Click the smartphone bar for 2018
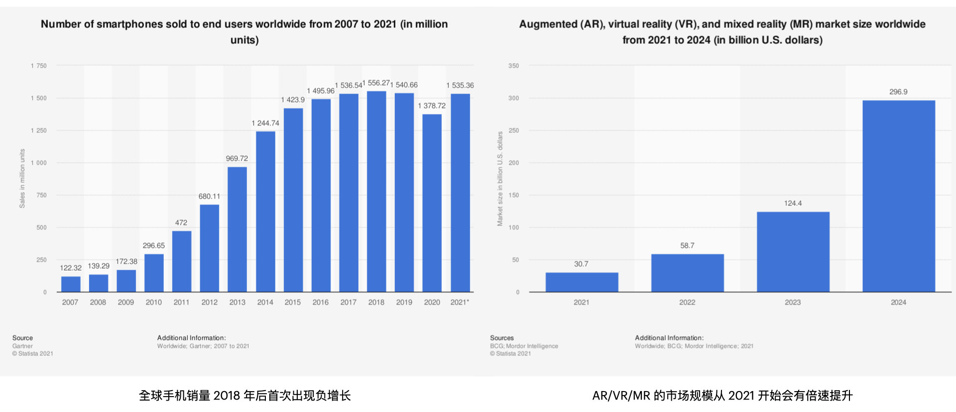click(x=376, y=192)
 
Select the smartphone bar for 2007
click(x=71, y=284)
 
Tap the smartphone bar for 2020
click(x=432, y=203)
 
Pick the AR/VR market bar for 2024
click(x=899, y=196)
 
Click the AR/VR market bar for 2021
click(x=582, y=282)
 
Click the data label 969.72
click(x=237, y=159)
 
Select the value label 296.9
click(x=898, y=92)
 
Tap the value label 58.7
click(x=687, y=246)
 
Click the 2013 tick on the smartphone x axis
click(x=237, y=303)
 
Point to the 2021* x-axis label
click(x=460, y=303)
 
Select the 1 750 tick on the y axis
click(x=39, y=66)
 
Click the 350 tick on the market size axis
click(x=513, y=66)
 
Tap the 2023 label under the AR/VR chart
click(x=793, y=303)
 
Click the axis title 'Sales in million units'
click(x=22, y=179)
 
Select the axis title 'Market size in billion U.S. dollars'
click(x=500, y=179)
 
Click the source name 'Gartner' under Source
click(x=22, y=346)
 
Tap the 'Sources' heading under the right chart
click(x=501, y=338)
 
